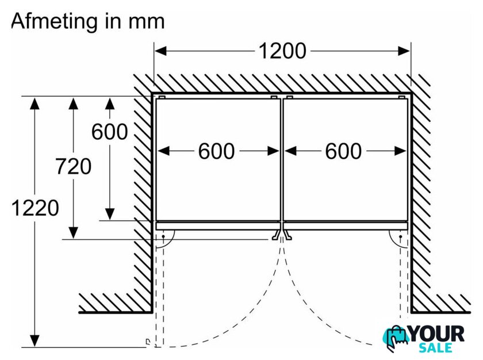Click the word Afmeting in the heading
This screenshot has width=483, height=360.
[x=54, y=21]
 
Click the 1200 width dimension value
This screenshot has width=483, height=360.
[x=282, y=51]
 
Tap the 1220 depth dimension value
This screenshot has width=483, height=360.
[x=35, y=208]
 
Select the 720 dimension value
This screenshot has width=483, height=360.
[x=74, y=166]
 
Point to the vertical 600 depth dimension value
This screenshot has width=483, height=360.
[x=110, y=132]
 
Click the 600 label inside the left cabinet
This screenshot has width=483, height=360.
[x=216, y=151]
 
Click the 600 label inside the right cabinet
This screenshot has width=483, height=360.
[x=343, y=151]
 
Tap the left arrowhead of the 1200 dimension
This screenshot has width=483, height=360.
[x=160, y=51]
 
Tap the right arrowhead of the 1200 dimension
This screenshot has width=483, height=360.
[x=404, y=51]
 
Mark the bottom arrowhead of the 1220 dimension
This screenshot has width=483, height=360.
[x=35, y=341]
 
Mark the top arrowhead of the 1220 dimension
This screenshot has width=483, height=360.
[x=35, y=103]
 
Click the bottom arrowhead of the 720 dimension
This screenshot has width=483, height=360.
[x=74, y=233]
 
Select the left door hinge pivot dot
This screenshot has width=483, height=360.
[x=163, y=236]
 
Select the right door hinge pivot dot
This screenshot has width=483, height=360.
[x=400, y=236]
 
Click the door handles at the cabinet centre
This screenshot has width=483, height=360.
[x=281, y=235]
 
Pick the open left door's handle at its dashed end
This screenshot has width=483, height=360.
[x=148, y=342]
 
